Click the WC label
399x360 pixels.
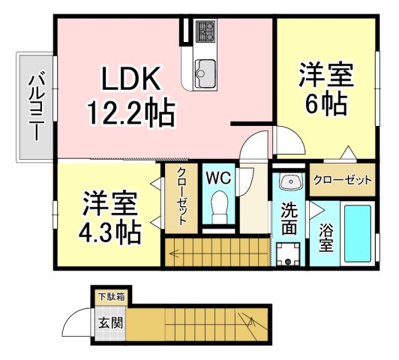218,178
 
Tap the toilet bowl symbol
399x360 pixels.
219,207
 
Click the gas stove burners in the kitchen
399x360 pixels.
205,31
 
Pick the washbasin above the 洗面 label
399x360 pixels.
289,181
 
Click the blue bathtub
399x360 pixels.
357,231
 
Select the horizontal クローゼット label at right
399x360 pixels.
342,180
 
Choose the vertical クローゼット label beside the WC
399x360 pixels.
181,197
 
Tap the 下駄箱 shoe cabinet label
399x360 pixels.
109,295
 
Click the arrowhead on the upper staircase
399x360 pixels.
173,253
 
